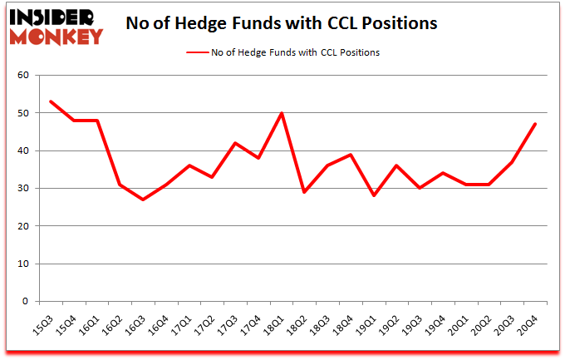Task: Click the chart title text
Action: (x=281, y=23)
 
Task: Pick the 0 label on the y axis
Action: (x=26, y=302)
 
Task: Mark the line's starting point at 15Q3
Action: (x=52, y=101)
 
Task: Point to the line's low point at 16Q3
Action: (x=143, y=200)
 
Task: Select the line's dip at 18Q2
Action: (x=303, y=192)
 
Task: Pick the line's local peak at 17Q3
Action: (x=235, y=143)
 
